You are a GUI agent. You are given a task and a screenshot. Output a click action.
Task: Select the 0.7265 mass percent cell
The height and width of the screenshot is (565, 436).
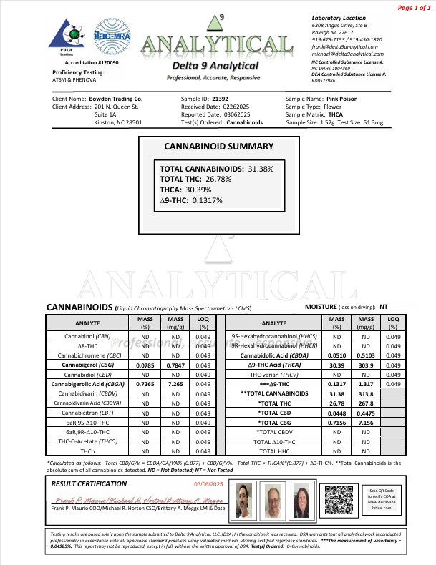coord(146,384)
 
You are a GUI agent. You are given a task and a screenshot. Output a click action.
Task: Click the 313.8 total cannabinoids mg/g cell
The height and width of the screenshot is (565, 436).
coord(366,393)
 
